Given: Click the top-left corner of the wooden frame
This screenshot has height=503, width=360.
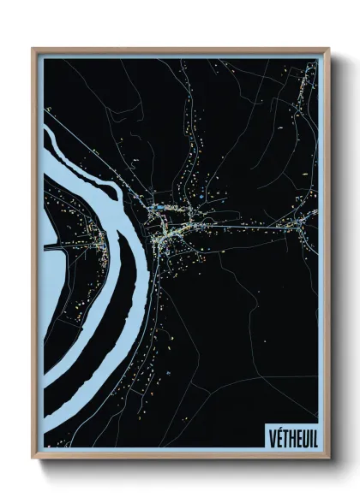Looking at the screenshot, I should tap(33, 50).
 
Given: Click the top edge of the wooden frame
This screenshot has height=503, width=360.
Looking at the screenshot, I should tap(180, 50).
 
